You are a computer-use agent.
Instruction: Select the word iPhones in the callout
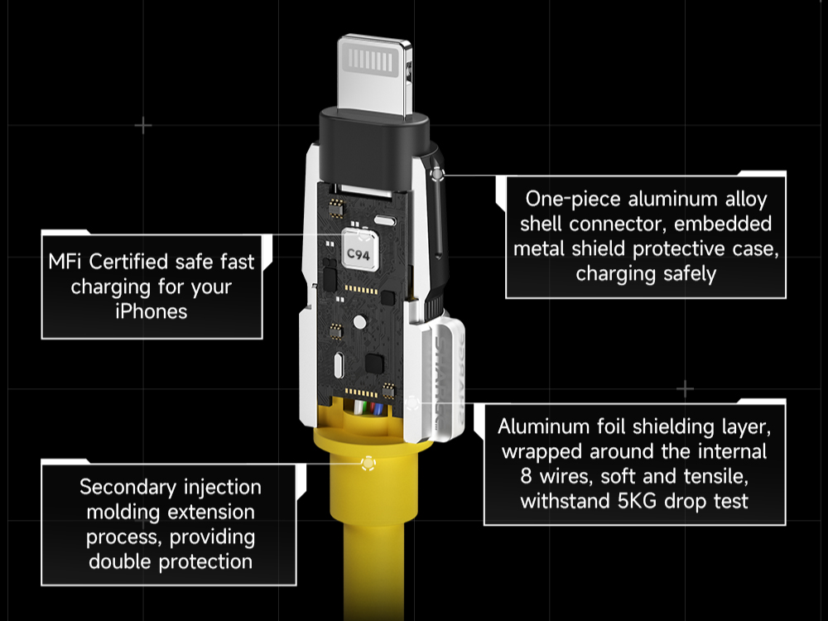152,311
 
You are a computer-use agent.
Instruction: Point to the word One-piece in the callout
573,199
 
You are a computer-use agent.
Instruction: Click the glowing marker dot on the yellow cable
368,464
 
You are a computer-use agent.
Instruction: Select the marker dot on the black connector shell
437,174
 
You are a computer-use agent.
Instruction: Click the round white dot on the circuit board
359,321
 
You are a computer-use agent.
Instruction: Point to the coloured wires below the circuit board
368,408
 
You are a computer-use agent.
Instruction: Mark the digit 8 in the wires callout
526,476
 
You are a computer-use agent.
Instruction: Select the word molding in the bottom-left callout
118,513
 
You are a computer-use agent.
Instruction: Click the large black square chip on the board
374,363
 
